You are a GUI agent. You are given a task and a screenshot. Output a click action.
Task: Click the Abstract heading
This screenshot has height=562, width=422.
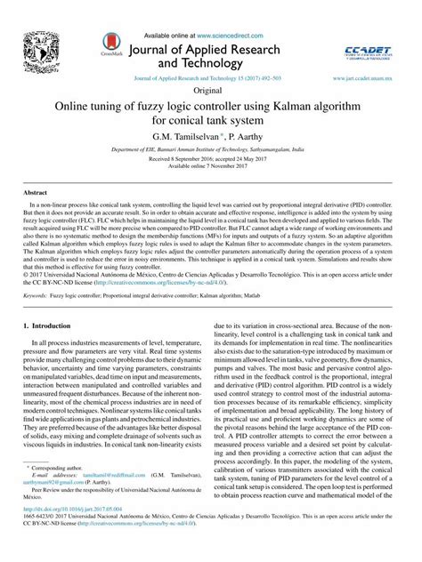35,192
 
